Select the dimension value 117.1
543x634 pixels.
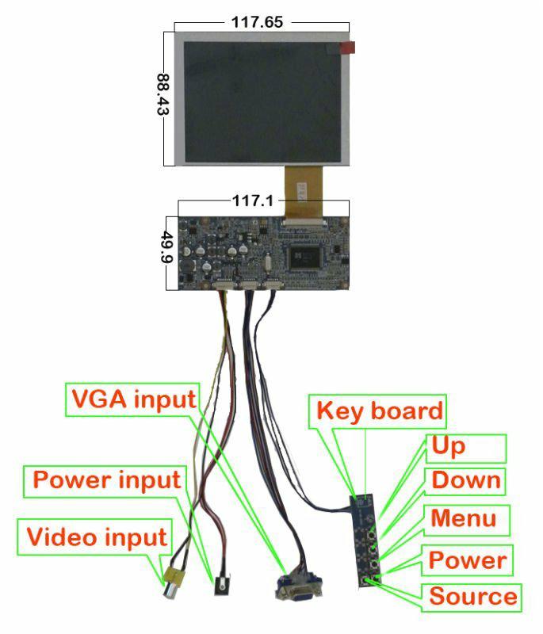(x=253, y=201)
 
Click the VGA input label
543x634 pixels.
(x=133, y=398)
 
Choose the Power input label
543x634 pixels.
(x=107, y=479)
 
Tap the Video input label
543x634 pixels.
(x=98, y=537)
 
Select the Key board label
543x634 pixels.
(x=380, y=411)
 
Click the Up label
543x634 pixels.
(x=449, y=446)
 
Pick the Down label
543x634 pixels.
(x=465, y=479)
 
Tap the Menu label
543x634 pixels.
(x=463, y=518)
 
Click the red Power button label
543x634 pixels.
(x=467, y=560)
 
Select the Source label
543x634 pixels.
(x=472, y=596)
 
